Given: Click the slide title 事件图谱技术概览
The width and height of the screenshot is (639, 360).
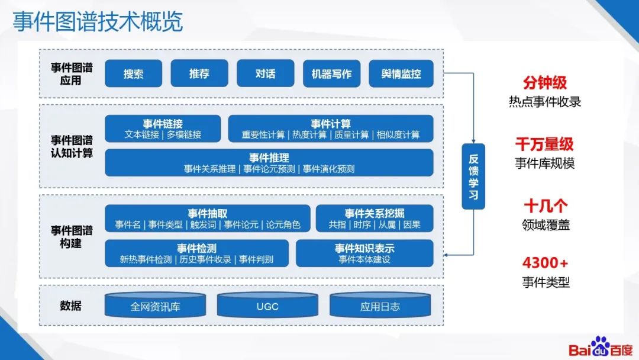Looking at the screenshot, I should pyautogui.click(x=98, y=22).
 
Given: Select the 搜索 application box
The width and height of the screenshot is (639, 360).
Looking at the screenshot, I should pyautogui.click(x=133, y=73).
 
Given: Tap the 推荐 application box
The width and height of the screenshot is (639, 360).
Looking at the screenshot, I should pyautogui.click(x=199, y=73).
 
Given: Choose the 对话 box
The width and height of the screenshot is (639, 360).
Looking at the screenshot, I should pyautogui.click(x=266, y=73).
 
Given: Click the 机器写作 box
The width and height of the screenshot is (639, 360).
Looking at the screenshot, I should pyautogui.click(x=331, y=73).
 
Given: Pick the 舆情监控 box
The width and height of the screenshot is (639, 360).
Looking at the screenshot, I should pyautogui.click(x=401, y=73).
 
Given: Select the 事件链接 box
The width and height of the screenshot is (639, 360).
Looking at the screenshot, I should pyautogui.click(x=163, y=128).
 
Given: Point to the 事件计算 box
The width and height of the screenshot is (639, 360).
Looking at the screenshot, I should pyautogui.click(x=331, y=128).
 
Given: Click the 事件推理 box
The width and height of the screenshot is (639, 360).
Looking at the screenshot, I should pyautogui.click(x=269, y=163).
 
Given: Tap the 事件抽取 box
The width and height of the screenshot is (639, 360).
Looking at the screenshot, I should pyautogui.click(x=208, y=218).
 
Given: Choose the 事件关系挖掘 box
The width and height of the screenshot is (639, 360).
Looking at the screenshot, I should pyautogui.click(x=375, y=218).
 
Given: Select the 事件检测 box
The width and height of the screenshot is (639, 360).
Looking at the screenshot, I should pyautogui.click(x=196, y=253).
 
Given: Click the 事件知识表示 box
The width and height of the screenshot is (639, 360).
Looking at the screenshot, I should pyautogui.click(x=364, y=253).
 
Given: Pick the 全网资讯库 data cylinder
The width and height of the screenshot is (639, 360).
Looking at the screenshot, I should pyautogui.click(x=155, y=306).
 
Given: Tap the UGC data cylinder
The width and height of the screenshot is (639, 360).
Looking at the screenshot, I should pyautogui.click(x=267, y=306).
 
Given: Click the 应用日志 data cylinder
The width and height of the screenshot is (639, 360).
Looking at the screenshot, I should pyautogui.click(x=380, y=306).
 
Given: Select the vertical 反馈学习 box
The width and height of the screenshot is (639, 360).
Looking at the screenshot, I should pyautogui.click(x=473, y=176).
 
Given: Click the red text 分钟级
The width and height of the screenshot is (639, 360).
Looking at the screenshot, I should pyautogui.click(x=545, y=82).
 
